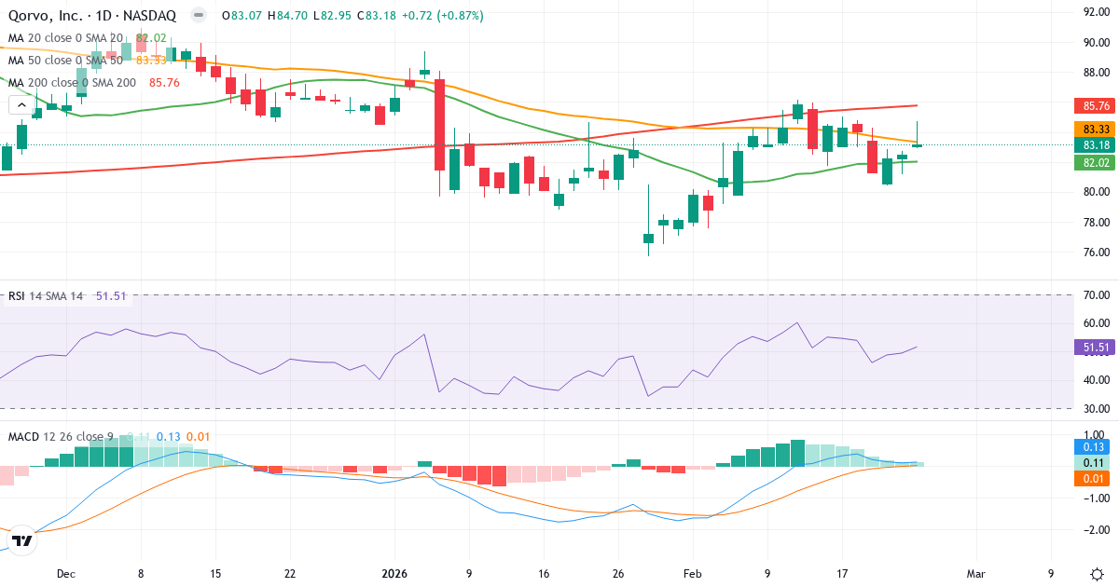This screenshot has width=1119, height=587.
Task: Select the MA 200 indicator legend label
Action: click(x=72, y=82)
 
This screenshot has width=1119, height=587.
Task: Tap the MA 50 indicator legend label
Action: click(x=65, y=60)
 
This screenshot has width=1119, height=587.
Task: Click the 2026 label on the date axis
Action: click(x=394, y=574)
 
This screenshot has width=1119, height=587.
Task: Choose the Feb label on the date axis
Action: click(x=691, y=574)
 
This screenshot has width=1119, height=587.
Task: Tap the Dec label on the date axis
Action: click(x=65, y=574)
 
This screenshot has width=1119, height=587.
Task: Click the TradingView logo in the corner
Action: click(x=22, y=540)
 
